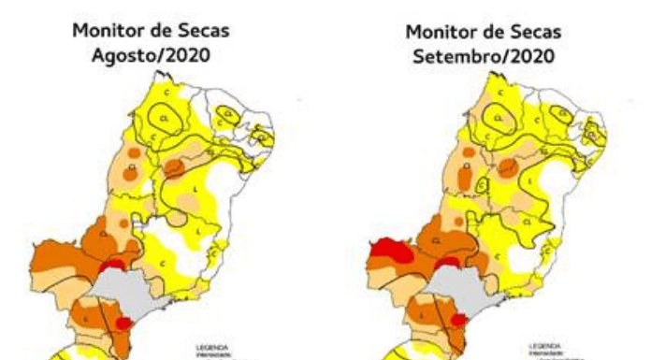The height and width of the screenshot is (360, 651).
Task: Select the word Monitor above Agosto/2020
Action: click(109, 31)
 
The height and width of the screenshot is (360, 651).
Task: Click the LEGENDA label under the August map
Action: click(207, 347)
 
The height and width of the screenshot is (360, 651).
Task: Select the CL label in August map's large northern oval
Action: click(165, 119)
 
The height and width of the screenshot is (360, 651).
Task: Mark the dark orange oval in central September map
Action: click(506, 168)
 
